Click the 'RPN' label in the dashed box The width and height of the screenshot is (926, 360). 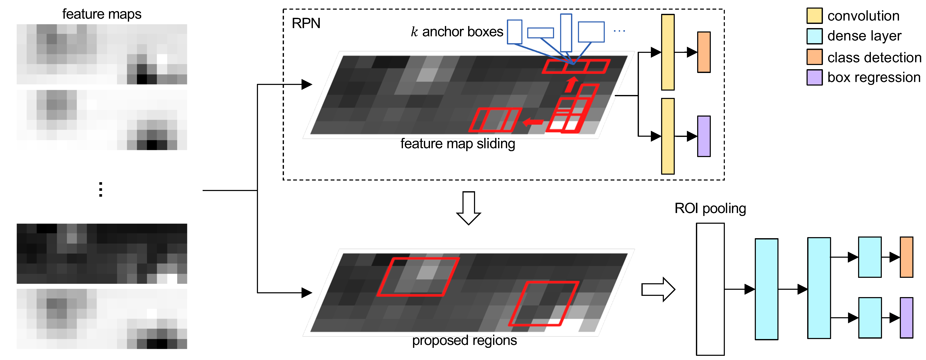(306, 23)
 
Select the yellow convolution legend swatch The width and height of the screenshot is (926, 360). (814, 16)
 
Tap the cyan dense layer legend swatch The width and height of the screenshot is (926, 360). (814, 36)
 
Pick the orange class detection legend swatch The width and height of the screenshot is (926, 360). (814, 57)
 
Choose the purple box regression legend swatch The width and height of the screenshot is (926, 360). (814, 77)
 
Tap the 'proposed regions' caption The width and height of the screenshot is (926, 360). (464, 340)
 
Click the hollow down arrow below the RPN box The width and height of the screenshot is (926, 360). (468, 208)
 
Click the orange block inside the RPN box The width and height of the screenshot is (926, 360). (703, 52)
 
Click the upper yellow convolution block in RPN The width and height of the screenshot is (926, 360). (668, 52)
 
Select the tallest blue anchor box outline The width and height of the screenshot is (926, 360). (566, 33)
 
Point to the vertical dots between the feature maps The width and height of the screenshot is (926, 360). (101, 190)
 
